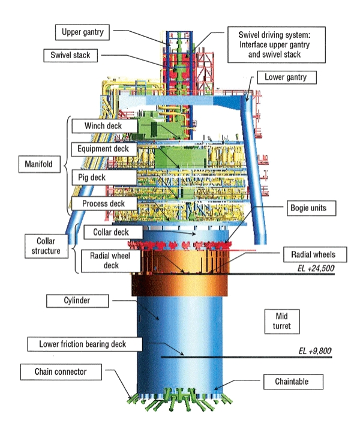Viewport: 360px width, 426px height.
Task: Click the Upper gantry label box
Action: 83,31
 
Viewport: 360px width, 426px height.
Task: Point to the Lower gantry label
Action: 286,77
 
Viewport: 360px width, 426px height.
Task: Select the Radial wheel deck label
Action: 106,260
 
